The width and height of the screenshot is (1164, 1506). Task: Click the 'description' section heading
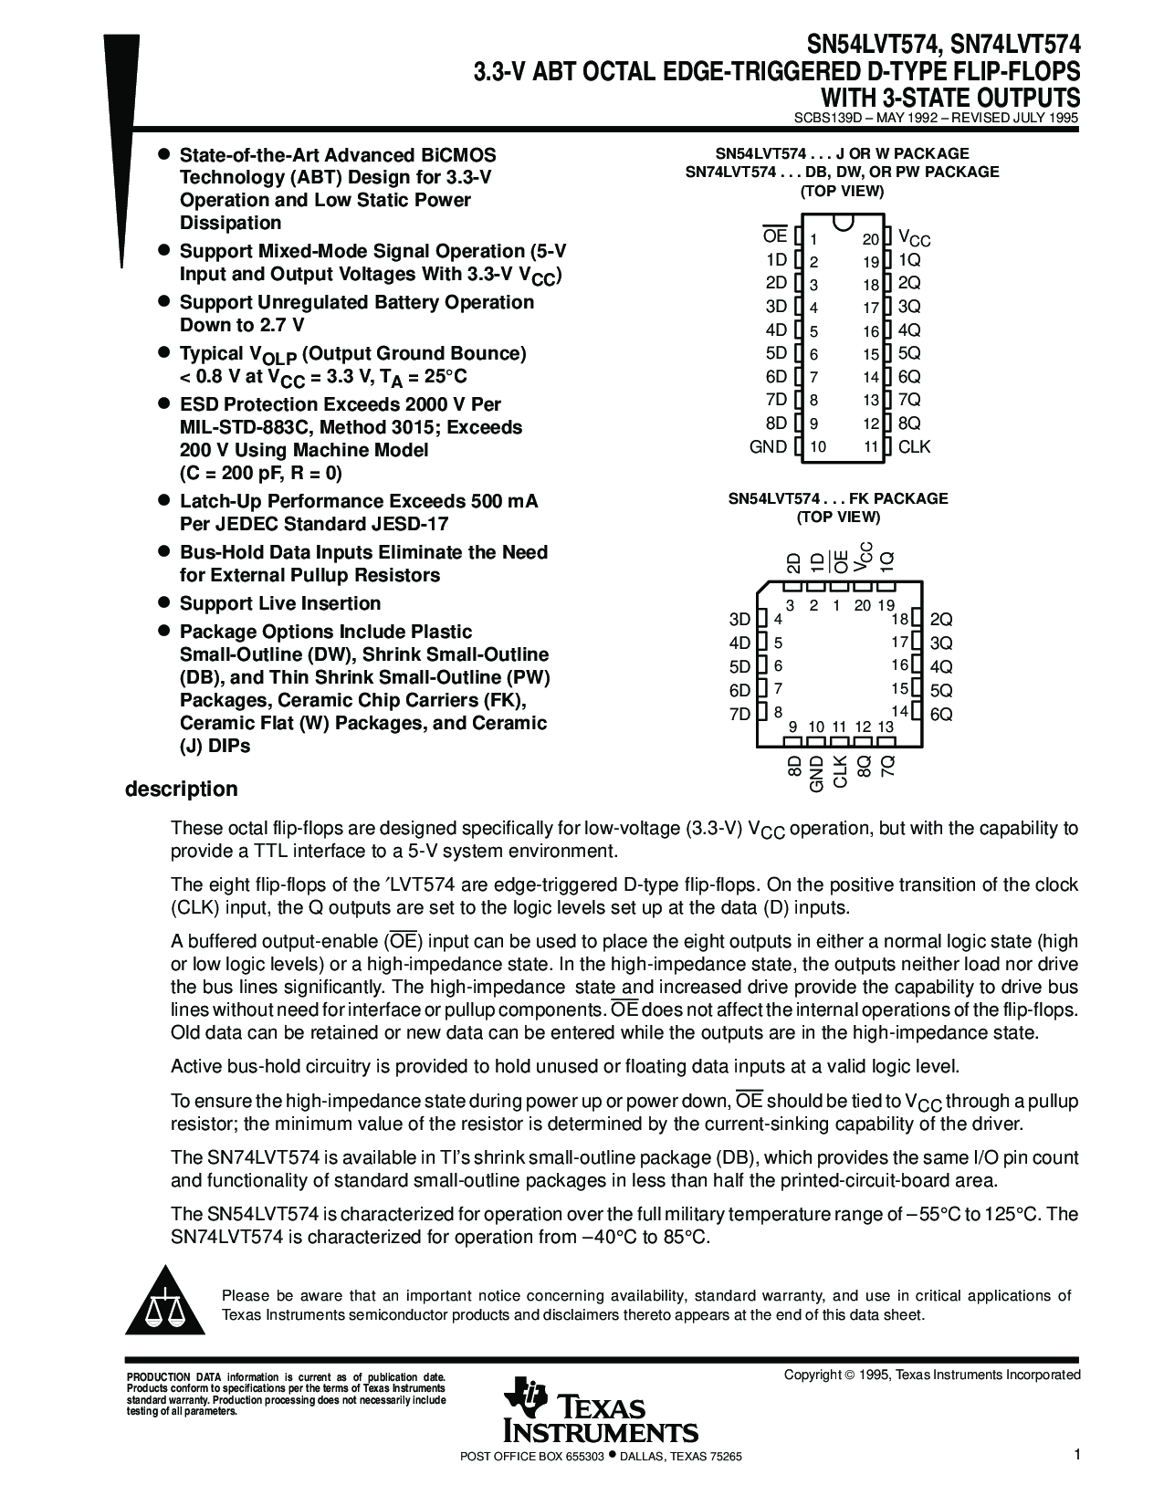pos(181,789)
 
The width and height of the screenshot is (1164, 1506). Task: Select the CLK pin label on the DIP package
pos(914,446)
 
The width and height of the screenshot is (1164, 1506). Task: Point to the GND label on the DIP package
pos(768,446)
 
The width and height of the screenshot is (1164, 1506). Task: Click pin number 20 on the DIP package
pos(870,239)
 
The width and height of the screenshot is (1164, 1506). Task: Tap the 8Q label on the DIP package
pos(909,424)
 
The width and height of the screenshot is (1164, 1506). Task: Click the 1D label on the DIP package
pos(776,259)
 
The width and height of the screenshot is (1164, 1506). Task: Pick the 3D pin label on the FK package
pos(739,620)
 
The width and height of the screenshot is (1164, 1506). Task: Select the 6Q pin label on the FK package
pos(941,715)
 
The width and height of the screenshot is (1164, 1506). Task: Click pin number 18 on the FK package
pos(899,620)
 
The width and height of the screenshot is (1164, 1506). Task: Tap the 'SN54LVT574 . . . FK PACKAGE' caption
pos(837,498)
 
